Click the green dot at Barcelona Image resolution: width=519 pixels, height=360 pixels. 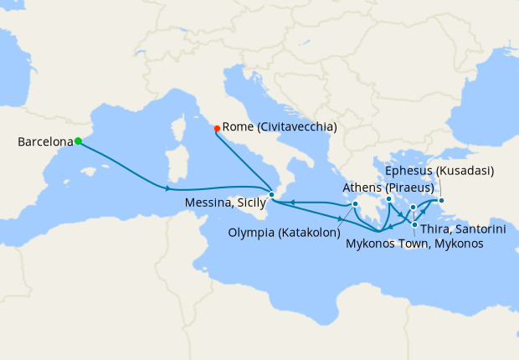click(78, 141)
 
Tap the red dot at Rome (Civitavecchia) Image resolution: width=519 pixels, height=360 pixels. click(217, 128)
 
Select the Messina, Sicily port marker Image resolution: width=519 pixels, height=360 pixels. click(271, 194)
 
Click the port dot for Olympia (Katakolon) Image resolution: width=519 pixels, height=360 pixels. click(356, 203)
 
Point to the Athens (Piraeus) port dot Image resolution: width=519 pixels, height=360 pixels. click(389, 199)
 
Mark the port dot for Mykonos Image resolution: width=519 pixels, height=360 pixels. click(413, 207)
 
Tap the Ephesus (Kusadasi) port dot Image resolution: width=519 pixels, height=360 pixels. click(442, 200)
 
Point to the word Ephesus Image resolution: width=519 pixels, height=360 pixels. click(411, 171)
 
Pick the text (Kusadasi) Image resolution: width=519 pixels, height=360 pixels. click(465, 171)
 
